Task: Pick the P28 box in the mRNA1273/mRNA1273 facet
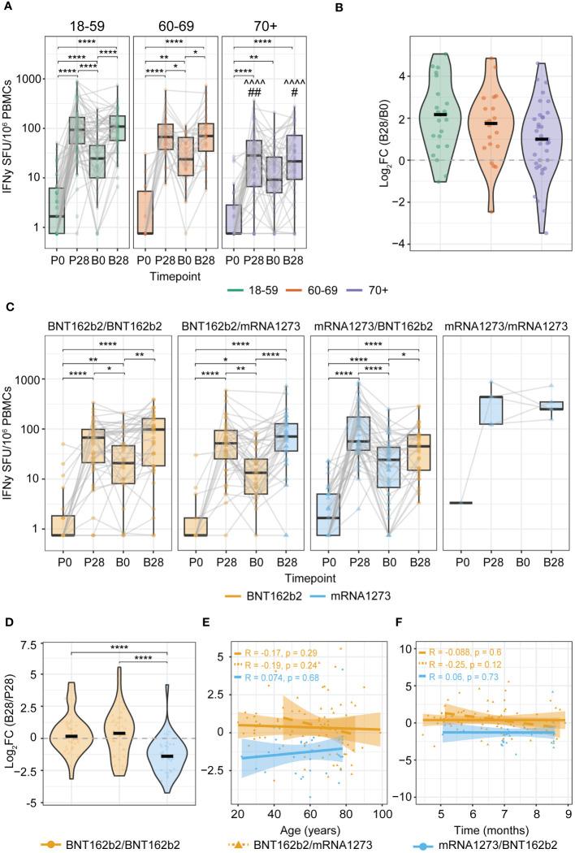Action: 490,409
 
